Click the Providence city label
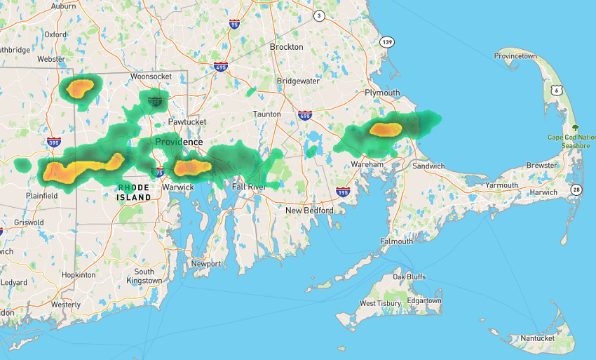click(x=179, y=142)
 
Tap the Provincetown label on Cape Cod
click(x=515, y=56)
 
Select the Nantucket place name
click(x=537, y=338)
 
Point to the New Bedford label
click(x=309, y=210)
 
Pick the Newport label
click(x=206, y=264)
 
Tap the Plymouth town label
click(x=382, y=93)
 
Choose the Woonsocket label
click(x=151, y=75)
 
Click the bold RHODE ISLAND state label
click(x=134, y=192)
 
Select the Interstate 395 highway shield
click(x=53, y=142)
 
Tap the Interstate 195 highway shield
click(x=343, y=192)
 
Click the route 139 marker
click(x=387, y=42)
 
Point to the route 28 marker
click(x=575, y=190)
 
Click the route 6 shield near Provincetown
click(x=556, y=90)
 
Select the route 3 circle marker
click(x=319, y=15)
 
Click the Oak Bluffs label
click(x=409, y=277)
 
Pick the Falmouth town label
click(x=397, y=241)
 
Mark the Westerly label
click(x=66, y=305)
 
